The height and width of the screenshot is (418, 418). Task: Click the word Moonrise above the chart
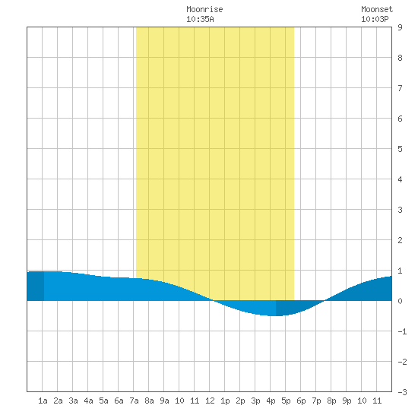pyautogui.click(x=204, y=9)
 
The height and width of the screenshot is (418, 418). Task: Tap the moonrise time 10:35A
pyautogui.click(x=200, y=19)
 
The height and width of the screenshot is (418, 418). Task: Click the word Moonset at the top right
pyautogui.click(x=377, y=9)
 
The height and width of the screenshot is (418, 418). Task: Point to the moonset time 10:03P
pyautogui.click(x=375, y=19)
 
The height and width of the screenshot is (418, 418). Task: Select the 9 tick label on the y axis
pyautogui.click(x=400, y=27)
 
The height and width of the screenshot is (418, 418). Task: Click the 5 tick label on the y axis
pyautogui.click(x=400, y=149)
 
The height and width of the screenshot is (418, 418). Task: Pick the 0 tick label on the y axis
pyautogui.click(x=400, y=301)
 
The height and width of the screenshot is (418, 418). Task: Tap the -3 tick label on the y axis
pyautogui.click(x=402, y=392)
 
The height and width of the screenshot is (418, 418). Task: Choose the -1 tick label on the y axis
pyautogui.click(x=402, y=331)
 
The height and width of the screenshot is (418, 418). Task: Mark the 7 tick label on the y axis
pyautogui.click(x=400, y=88)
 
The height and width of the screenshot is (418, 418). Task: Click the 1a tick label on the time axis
pyautogui.click(x=43, y=401)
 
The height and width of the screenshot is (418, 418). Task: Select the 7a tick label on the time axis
pyautogui.click(x=134, y=401)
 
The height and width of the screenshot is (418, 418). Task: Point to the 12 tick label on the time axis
pyautogui.click(x=210, y=401)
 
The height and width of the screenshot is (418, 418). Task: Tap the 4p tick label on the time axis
pyautogui.click(x=271, y=401)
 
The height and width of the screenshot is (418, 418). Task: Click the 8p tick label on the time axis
pyautogui.click(x=331, y=401)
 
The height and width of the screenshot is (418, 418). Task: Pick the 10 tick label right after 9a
pyautogui.click(x=179, y=401)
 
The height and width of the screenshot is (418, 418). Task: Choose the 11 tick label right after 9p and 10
pyautogui.click(x=377, y=401)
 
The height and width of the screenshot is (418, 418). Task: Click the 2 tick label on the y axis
pyautogui.click(x=400, y=240)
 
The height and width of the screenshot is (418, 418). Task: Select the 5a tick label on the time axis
pyautogui.click(x=103, y=401)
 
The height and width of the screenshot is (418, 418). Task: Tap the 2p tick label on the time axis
pyautogui.click(x=240, y=401)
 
